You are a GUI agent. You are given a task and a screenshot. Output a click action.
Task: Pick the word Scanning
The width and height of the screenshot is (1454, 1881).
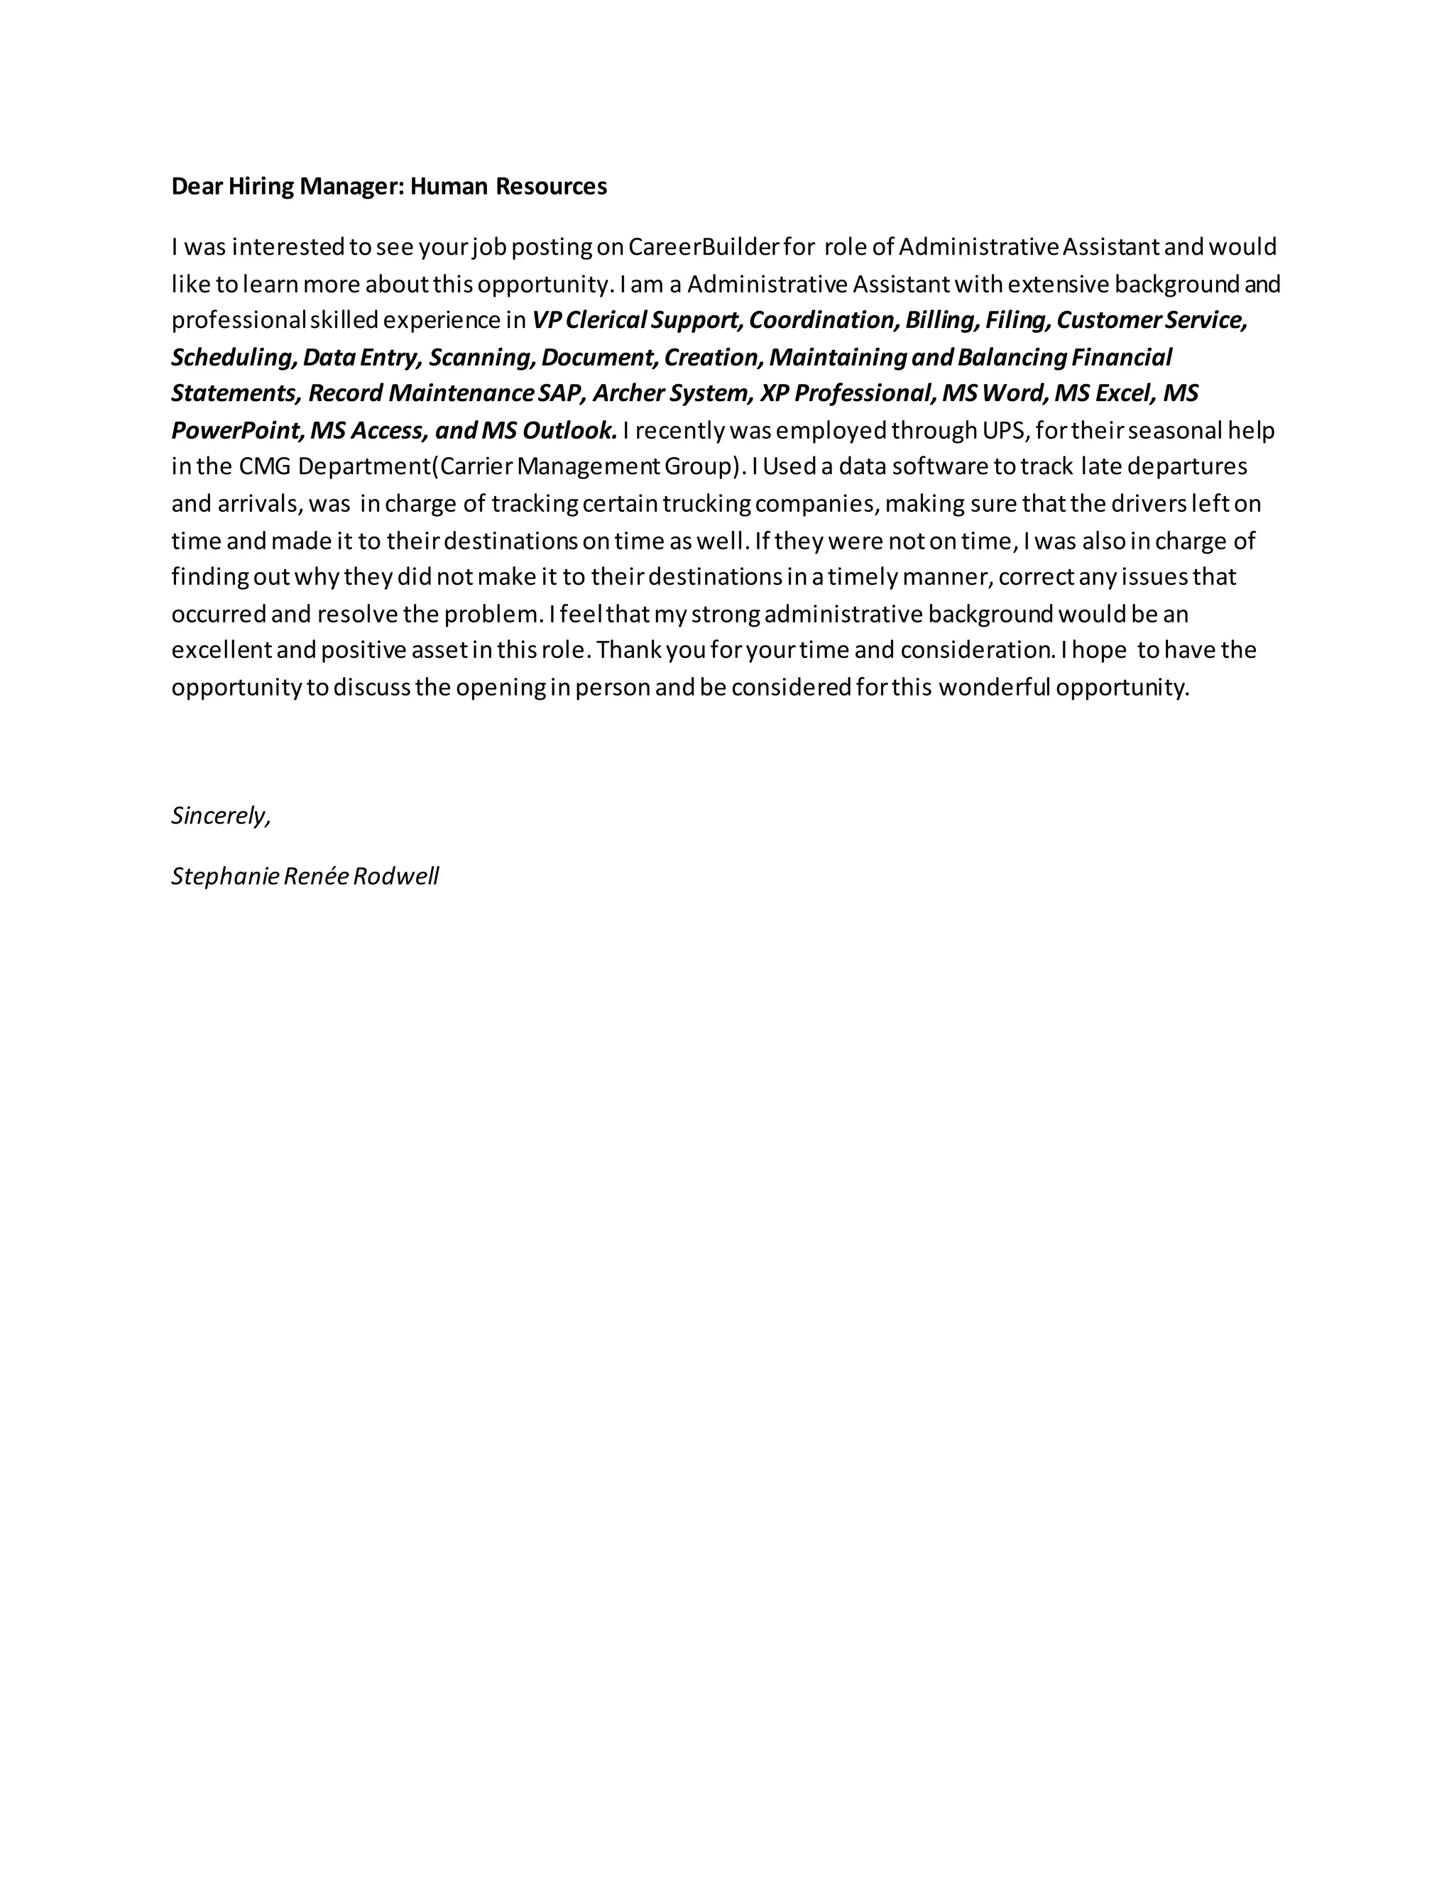point(481,358)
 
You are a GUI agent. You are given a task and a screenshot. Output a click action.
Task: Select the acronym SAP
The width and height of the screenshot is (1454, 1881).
point(562,394)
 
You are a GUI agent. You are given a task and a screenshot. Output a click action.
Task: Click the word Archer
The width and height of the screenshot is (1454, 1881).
point(625,394)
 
